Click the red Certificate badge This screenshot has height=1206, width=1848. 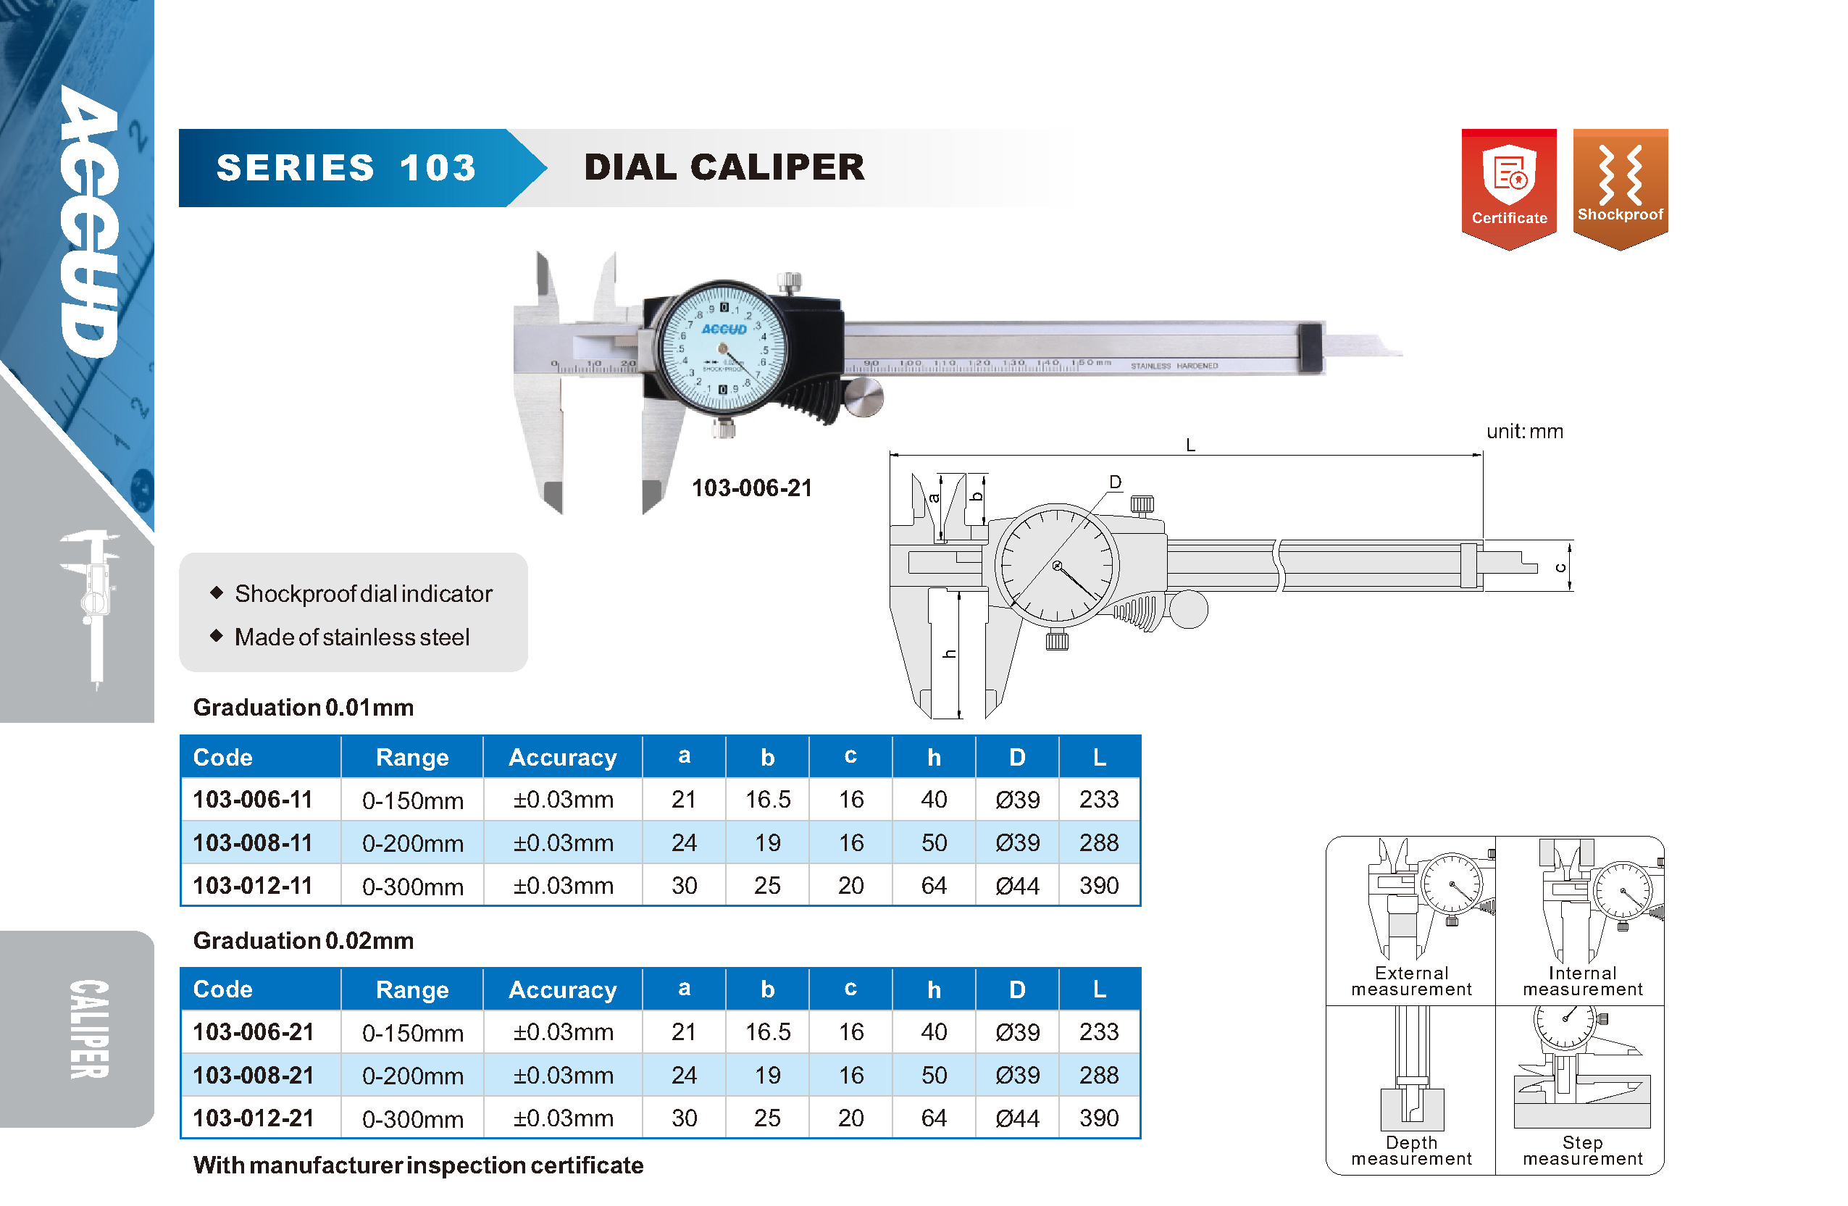(x=1509, y=189)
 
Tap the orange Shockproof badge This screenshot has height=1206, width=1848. (x=1621, y=189)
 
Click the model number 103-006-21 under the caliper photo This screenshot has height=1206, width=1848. (x=752, y=487)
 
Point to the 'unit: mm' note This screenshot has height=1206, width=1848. (x=1524, y=431)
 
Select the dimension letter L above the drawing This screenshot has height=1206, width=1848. (x=1190, y=445)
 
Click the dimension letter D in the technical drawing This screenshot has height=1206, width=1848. (x=1115, y=482)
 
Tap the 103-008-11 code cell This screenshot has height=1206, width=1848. (x=252, y=842)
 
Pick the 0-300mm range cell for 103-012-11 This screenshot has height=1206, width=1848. (x=412, y=886)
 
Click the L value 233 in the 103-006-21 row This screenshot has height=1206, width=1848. (x=1099, y=1031)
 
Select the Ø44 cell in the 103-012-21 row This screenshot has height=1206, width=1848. (x=1017, y=1118)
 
